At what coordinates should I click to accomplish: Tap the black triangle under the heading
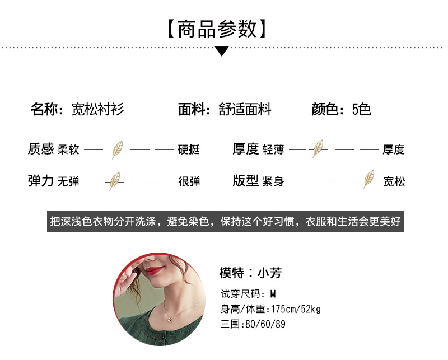222,52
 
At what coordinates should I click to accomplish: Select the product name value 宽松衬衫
97,109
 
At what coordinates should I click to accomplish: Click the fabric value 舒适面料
245,109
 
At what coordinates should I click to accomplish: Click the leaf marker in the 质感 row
118,149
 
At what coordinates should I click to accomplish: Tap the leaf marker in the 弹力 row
114,181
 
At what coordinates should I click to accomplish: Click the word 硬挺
189,149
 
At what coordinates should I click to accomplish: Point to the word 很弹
189,181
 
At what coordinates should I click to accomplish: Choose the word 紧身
273,181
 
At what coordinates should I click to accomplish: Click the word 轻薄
273,149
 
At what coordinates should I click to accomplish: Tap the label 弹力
40,181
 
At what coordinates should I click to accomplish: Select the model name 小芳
269,273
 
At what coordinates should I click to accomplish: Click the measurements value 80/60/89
265,324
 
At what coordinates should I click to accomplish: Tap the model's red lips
156,270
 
